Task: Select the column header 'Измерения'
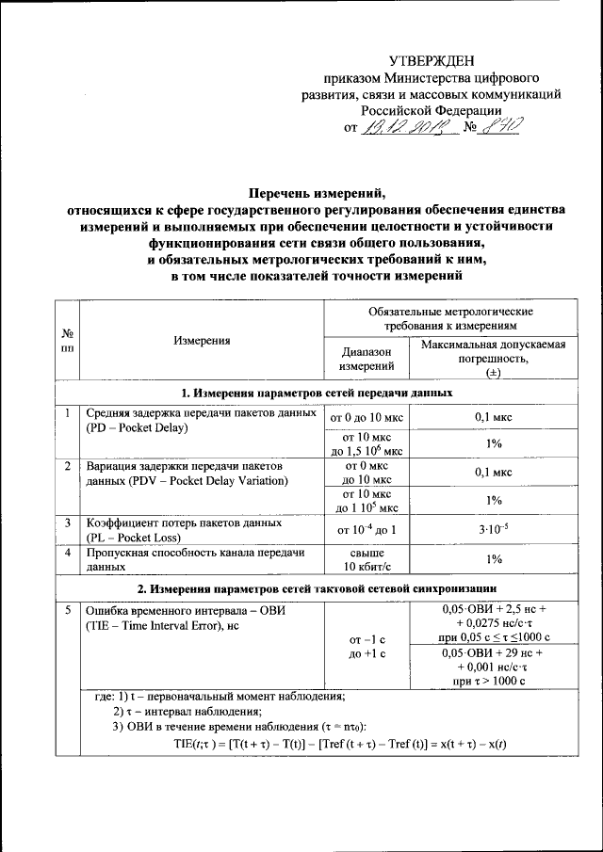pyautogui.click(x=202, y=341)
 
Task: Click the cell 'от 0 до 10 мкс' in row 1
pyautogui.click(x=367, y=414)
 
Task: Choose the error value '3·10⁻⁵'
pyautogui.click(x=493, y=529)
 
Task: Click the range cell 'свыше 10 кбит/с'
pyautogui.click(x=367, y=560)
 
